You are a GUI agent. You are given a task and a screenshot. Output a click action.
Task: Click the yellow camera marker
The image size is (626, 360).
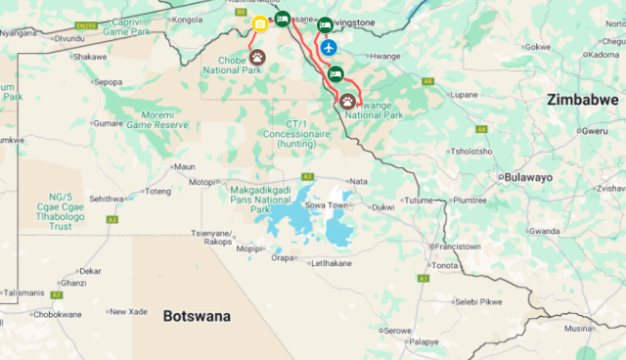(259, 24)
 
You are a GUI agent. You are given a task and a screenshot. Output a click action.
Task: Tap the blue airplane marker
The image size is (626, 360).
(329, 47)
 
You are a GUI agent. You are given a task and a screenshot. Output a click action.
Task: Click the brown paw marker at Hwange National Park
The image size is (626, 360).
(347, 100)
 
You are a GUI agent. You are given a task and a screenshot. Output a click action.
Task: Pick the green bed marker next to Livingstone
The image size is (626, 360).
(325, 24)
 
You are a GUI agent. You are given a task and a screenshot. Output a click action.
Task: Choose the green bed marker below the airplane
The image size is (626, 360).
(335, 73)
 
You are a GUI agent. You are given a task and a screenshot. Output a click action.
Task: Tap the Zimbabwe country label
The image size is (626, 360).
(583, 101)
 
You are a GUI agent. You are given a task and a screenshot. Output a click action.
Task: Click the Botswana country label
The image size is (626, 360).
(197, 316)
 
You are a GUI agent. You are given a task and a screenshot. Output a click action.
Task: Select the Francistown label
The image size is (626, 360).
(457, 247)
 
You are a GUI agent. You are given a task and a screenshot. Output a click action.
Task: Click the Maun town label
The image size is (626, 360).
(185, 166)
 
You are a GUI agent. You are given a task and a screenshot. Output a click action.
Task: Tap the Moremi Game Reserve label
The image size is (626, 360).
(156, 119)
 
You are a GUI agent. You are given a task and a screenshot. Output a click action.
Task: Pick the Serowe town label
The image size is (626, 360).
(397, 331)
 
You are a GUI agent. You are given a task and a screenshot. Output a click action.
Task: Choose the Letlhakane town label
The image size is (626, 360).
(331, 263)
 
